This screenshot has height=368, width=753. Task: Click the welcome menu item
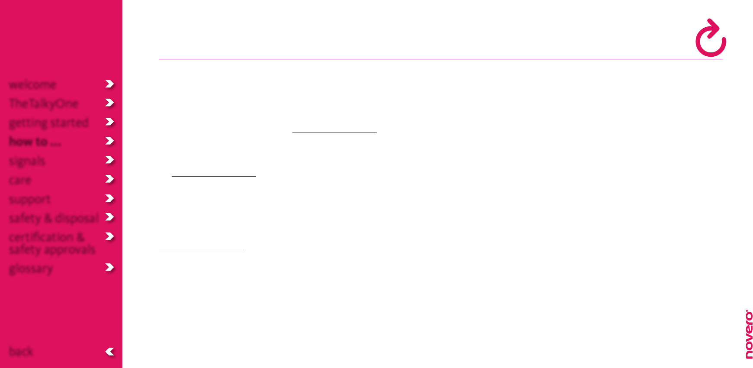pyautogui.click(x=32, y=84)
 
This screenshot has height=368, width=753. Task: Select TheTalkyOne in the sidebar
pyautogui.click(x=44, y=103)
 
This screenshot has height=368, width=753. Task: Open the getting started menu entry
pyautogui.click(x=49, y=123)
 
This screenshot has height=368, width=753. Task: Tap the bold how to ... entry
pyautogui.click(x=35, y=142)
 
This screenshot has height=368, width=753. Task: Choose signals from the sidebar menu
pyautogui.click(x=27, y=161)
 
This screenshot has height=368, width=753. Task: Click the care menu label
pyautogui.click(x=20, y=180)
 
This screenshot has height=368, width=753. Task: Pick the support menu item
pyautogui.click(x=30, y=199)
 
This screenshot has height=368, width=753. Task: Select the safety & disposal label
pyautogui.click(x=54, y=218)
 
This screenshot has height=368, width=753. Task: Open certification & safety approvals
pyautogui.click(x=52, y=243)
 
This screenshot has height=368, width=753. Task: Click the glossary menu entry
pyautogui.click(x=31, y=268)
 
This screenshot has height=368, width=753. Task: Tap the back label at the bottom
pyautogui.click(x=21, y=352)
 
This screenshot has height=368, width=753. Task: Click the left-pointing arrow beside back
pyautogui.click(x=110, y=352)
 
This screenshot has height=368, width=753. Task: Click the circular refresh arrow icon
pyautogui.click(x=711, y=38)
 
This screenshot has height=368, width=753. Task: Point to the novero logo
pyautogui.click(x=749, y=334)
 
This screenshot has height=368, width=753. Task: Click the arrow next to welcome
pyautogui.click(x=110, y=84)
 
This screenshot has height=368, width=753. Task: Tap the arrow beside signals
pyautogui.click(x=110, y=160)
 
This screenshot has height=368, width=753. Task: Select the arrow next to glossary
pyautogui.click(x=110, y=268)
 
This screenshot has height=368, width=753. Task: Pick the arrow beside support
pyautogui.click(x=110, y=198)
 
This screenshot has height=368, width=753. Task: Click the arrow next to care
pyautogui.click(x=110, y=179)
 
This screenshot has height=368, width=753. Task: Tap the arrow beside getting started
pyautogui.click(x=110, y=122)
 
